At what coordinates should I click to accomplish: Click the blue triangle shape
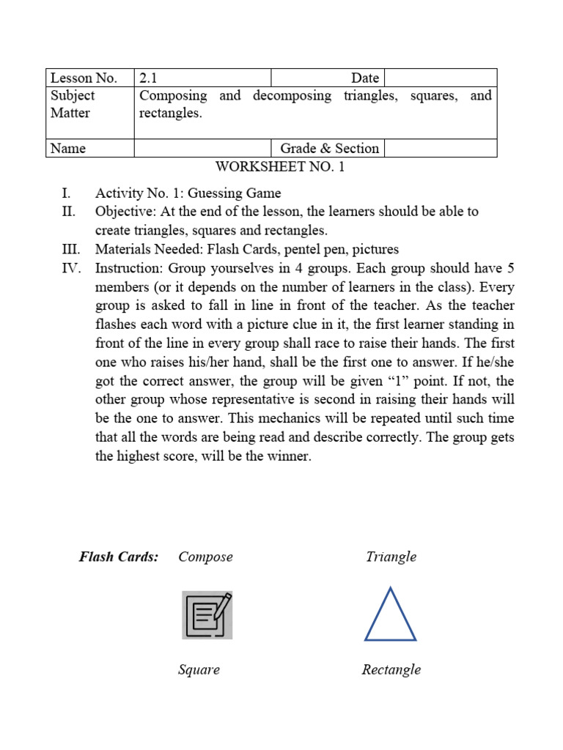coord(390,616)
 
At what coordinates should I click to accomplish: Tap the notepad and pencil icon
coord(207,615)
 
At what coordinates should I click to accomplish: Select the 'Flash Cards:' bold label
coord(119,557)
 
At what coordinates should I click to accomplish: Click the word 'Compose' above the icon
coord(205,557)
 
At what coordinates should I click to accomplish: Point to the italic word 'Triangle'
coord(391,557)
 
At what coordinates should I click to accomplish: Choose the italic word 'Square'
coord(199,669)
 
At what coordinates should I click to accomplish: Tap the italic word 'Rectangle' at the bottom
coord(391,669)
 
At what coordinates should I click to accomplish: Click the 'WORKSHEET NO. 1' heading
coord(279,167)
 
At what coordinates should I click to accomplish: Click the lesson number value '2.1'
coord(148,78)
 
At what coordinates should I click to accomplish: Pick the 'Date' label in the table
coord(364,78)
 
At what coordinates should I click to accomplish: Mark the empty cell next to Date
coord(440,78)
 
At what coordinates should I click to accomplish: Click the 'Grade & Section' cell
coord(329,148)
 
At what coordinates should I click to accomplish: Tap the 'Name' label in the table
coord(68,148)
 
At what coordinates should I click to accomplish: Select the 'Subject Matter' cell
coord(73,104)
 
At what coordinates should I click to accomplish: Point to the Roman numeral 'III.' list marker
coord(71,249)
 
